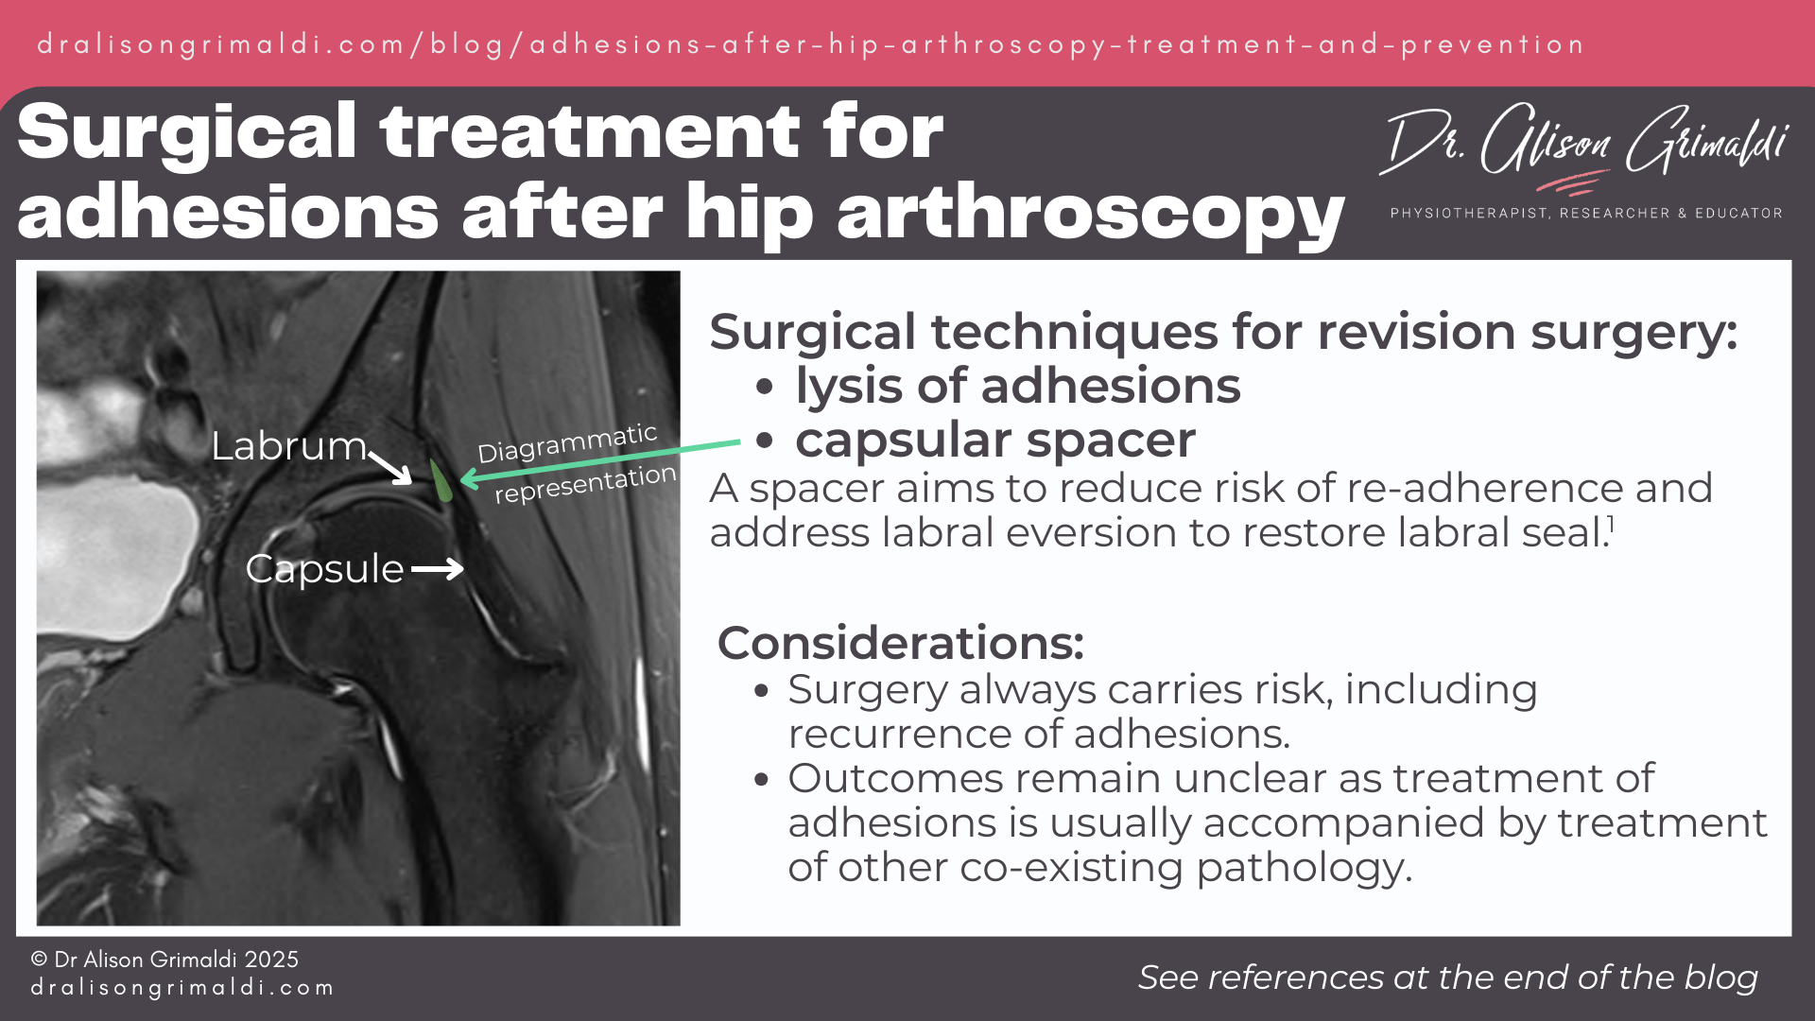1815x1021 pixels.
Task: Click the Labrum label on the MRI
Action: pos(287,445)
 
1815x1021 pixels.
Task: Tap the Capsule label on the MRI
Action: pos(324,568)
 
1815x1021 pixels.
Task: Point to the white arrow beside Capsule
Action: pos(438,568)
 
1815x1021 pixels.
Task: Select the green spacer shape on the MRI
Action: pos(441,480)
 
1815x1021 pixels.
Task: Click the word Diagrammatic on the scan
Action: pos(566,442)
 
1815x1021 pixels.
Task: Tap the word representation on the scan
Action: pos(585,484)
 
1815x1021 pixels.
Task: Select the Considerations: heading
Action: pos(900,643)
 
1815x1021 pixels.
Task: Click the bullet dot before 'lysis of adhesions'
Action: pos(765,387)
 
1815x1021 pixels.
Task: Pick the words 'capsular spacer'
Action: pos(995,440)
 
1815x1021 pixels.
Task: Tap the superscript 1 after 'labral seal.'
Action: pos(1611,526)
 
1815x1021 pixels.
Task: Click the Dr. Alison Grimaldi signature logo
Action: pos(1584,144)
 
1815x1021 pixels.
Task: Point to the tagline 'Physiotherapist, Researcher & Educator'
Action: pos(1585,214)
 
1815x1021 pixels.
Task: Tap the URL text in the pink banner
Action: pos(810,44)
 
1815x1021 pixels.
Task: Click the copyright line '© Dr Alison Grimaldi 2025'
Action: pos(164,960)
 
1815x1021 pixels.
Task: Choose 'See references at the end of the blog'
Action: pos(1447,978)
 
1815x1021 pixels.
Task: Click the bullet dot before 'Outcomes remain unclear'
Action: pos(762,780)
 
